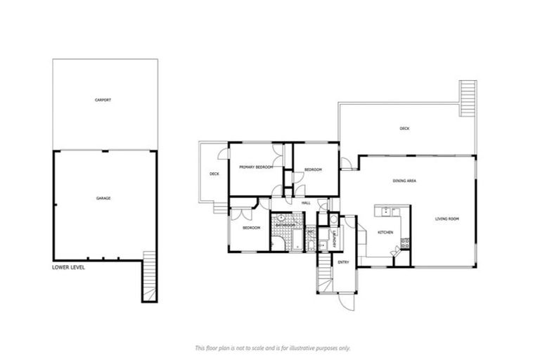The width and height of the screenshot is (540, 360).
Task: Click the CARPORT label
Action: (103, 101)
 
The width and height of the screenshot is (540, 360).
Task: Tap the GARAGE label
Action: (103, 198)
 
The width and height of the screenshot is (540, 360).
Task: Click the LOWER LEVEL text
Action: (68, 268)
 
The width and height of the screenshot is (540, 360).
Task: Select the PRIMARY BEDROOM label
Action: (255, 167)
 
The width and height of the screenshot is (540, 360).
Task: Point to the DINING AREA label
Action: (405, 181)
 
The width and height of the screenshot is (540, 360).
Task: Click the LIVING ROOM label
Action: (447, 219)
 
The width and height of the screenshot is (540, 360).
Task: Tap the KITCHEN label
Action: (385, 232)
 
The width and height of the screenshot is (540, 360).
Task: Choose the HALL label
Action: (306, 203)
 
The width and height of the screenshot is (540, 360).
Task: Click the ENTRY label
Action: (343, 262)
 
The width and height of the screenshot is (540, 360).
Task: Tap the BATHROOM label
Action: (285, 225)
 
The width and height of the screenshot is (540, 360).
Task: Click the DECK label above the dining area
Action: (404, 129)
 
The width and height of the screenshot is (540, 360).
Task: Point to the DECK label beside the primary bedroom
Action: (214, 174)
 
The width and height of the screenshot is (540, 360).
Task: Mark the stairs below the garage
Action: (148, 276)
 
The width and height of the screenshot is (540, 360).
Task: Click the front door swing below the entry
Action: (346, 300)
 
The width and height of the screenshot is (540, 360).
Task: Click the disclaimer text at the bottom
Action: (271, 348)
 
